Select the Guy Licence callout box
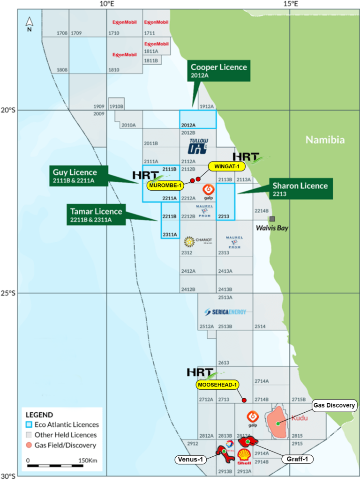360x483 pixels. pyautogui.click(x=78, y=176)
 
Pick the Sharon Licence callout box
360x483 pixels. pyautogui.click(x=300, y=189)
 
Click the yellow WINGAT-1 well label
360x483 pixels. pyautogui.click(x=227, y=166)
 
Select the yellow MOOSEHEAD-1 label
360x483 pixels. pyautogui.click(x=217, y=385)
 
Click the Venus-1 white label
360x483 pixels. pyautogui.click(x=190, y=459)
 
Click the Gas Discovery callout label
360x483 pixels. pyautogui.click(x=334, y=405)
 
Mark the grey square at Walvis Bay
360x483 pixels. pyautogui.click(x=272, y=219)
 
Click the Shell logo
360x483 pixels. pyautogui.click(x=244, y=455)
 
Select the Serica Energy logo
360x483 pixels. pyautogui.click(x=225, y=312)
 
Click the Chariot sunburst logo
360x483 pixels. pyautogui.click(x=189, y=242)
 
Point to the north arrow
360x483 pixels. pyautogui.click(x=30, y=22)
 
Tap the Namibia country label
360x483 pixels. pyautogui.click(x=325, y=140)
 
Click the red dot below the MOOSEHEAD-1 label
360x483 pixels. pyautogui.click(x=244, y=400)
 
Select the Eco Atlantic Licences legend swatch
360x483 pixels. pyautogui.click(x=29, y=425)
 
